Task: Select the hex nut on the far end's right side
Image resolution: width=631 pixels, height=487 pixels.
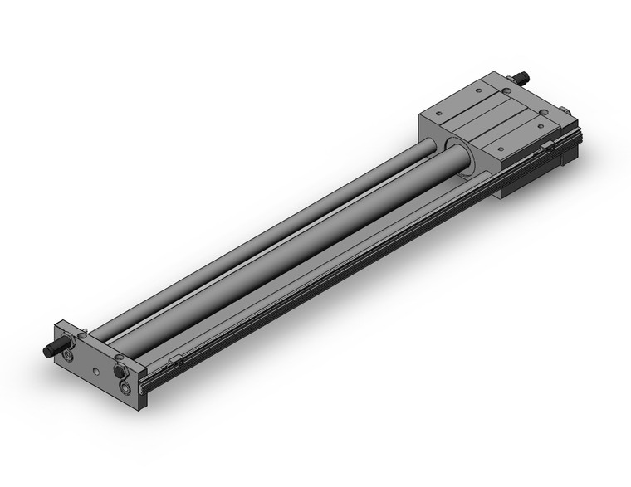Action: pyautogui.click(x=565, y=110)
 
